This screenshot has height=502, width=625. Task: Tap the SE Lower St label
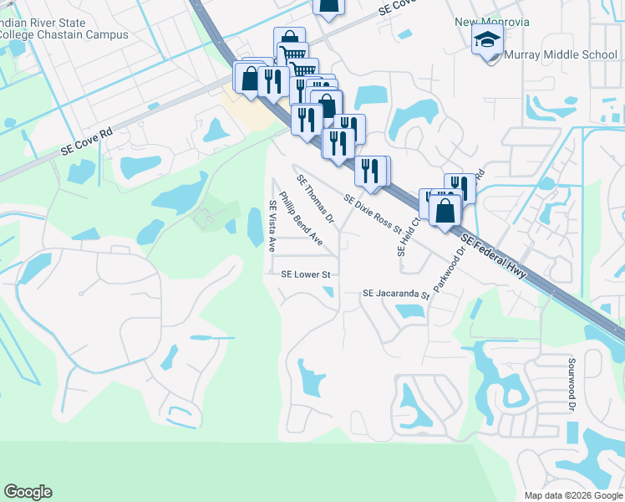307,274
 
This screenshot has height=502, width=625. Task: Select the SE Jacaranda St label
395,295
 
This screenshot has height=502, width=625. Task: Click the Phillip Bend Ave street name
300,218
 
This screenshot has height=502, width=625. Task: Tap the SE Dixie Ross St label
373,213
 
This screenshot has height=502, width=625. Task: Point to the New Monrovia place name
492,22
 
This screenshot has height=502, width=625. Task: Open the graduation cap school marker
487,39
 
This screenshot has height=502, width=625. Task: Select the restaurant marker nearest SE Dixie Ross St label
369,171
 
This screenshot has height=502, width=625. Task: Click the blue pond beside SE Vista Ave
255,227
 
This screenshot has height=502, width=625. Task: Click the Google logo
28,492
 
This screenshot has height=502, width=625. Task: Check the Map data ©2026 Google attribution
572,495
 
